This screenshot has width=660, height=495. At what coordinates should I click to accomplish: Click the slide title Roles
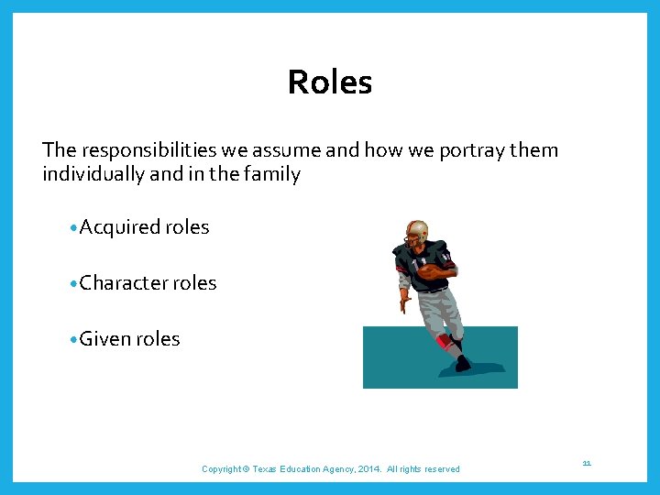point(330,82)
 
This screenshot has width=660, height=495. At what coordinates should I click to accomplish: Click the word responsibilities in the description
point(142,150)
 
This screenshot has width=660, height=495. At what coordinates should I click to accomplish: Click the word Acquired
point(119,227)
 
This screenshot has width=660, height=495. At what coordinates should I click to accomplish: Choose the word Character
point(123,283)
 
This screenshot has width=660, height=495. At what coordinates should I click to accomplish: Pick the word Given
point(104,339)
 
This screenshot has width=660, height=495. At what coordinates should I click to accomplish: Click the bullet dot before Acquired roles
point(72,228)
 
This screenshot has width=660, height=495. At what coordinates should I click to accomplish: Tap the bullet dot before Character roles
point(72,284)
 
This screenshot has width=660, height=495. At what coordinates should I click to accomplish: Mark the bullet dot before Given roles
point(72,340)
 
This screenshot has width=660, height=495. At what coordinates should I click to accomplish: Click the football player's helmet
point(417,230)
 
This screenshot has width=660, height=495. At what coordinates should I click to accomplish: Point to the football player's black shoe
point(462,364)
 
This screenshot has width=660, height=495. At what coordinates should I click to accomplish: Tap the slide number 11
point(587,464)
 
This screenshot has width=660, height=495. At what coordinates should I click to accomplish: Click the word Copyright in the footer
point(222,469)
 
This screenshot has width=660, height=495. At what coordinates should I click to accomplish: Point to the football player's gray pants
point(438,307)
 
